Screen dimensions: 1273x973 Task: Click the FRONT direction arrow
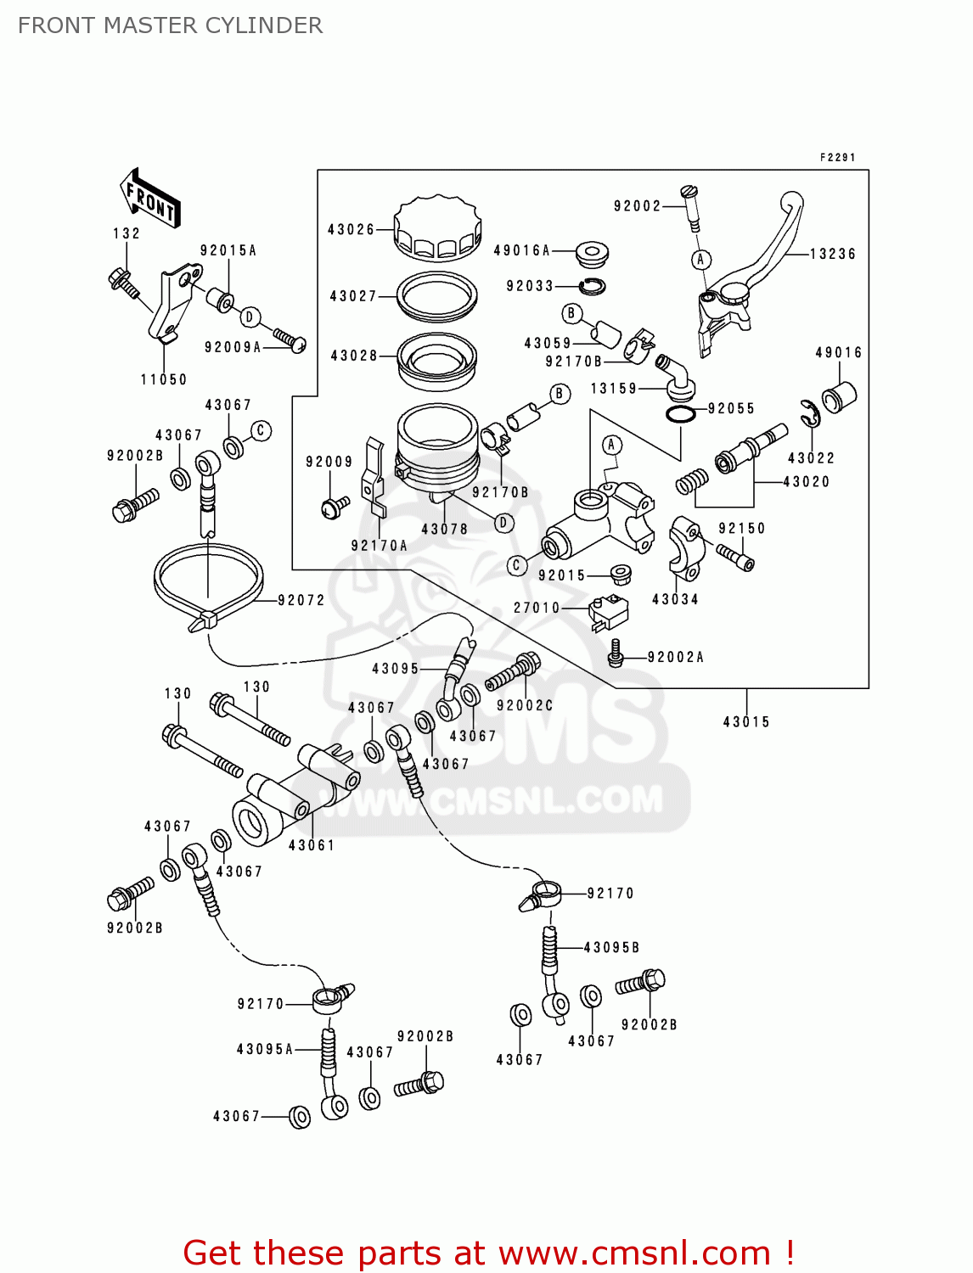pos(150,199)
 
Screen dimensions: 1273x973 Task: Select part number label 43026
pos(351,229)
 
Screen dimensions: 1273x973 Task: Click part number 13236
pos(832,254)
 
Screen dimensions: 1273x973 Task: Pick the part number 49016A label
pos(521,250)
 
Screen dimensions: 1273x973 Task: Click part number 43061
pos(312,845)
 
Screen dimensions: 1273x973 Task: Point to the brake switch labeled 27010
pos(608,611)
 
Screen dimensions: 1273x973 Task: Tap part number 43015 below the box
pos(746,721)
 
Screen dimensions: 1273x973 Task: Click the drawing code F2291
pos(837,157)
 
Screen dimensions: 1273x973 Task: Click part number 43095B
pos(611,947)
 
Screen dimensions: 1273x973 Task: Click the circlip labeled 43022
pos(810,415)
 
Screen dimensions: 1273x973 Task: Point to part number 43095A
pos(265,1049)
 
